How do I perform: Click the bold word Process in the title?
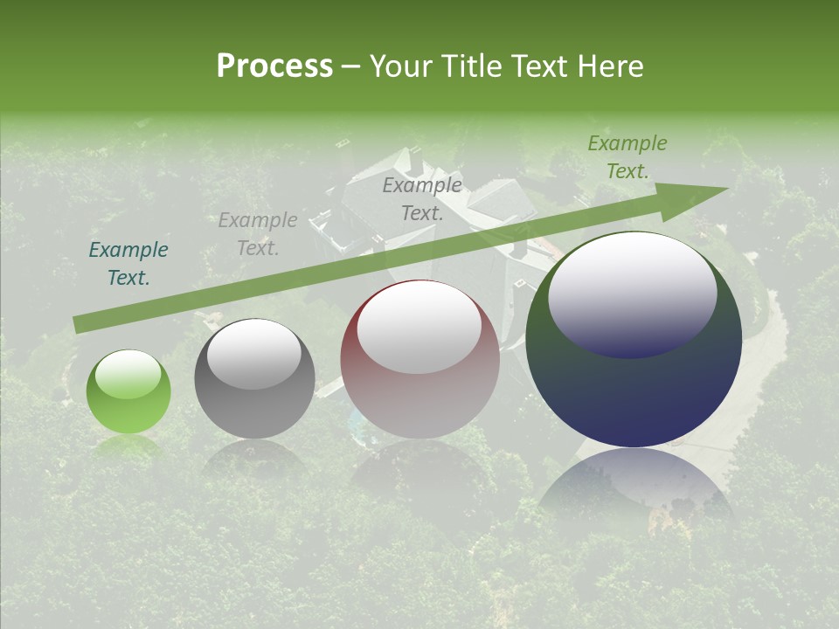click(274, 66)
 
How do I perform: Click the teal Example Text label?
click(128, 264)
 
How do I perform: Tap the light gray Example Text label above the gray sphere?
click(258, 234)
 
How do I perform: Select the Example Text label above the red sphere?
click(422, 198)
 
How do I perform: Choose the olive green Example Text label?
click(627, 157)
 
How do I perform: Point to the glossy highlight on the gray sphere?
click(254, 354)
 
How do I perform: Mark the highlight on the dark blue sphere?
click(632, 294)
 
